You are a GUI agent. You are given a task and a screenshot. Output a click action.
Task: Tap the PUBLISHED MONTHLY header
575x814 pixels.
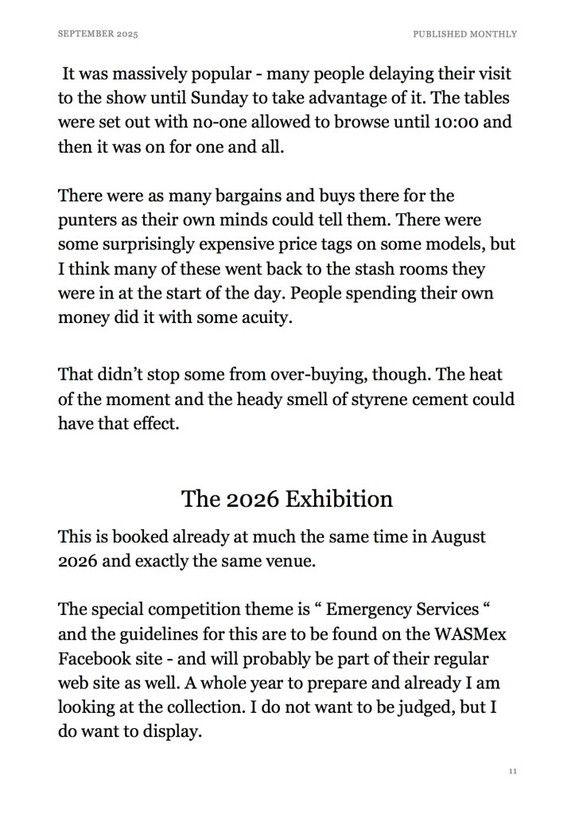tap(464, 34)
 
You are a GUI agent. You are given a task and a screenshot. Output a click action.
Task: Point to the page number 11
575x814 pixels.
tap(513, 771)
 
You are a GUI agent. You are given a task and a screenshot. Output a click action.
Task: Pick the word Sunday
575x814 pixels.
tap(223, 99)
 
